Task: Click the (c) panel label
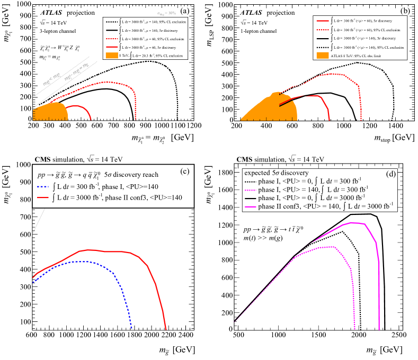click(185, 171)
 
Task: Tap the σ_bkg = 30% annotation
click(166, 13)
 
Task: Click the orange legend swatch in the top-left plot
click(111, 56)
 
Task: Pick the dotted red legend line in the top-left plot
click(111, 39)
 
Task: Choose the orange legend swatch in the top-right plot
click(323, 55)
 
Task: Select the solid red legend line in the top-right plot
click(323, 21)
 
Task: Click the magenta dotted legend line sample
click(251, 190)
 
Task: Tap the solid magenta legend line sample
click(251, 206)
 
